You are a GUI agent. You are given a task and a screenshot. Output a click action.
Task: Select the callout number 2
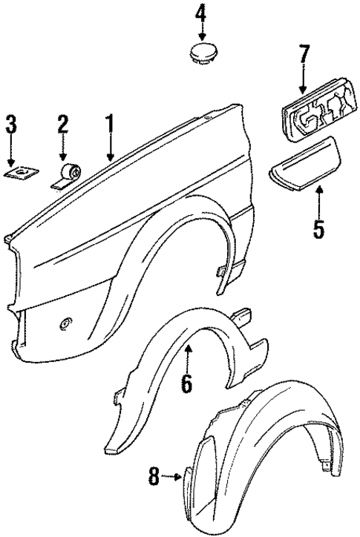click(63, 127)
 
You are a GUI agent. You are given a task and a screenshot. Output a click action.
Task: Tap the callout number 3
click(10, 127)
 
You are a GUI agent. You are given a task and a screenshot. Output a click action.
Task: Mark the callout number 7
click(303, 55)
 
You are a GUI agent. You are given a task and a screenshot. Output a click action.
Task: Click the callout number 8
click(154, 478)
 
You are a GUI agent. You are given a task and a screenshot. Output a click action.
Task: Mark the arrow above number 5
click(318, 199)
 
